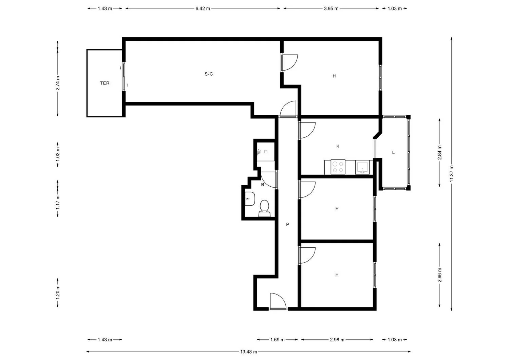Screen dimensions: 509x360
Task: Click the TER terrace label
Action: coord(105,83)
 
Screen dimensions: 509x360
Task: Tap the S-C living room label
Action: coord(209,74)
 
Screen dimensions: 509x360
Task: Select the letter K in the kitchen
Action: coord(338,146)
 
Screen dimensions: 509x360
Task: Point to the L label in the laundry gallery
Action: coord(393,152)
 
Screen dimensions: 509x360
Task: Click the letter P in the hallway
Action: coord(288,225)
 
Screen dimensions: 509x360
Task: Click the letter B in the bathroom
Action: coord(263,185)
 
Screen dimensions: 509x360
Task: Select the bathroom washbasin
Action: coord(250,199)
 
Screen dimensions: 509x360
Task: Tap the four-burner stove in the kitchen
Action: coord(338,167)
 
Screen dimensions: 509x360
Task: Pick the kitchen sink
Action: coord(362,168)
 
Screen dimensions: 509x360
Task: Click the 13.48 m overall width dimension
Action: coord(249,352)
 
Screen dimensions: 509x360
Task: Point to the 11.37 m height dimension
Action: coord(452,173)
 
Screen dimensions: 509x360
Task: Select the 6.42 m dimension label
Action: coord(203,8)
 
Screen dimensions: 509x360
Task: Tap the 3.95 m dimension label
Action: coord(331,8)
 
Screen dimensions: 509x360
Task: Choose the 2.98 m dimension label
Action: coord(337,340)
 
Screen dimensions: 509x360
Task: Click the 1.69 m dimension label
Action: coord(277,340)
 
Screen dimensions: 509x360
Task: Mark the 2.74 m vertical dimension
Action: coord(58,83)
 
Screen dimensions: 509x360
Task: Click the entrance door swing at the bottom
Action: coord(278,301)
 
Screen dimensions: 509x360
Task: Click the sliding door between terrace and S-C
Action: coord(124,76)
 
